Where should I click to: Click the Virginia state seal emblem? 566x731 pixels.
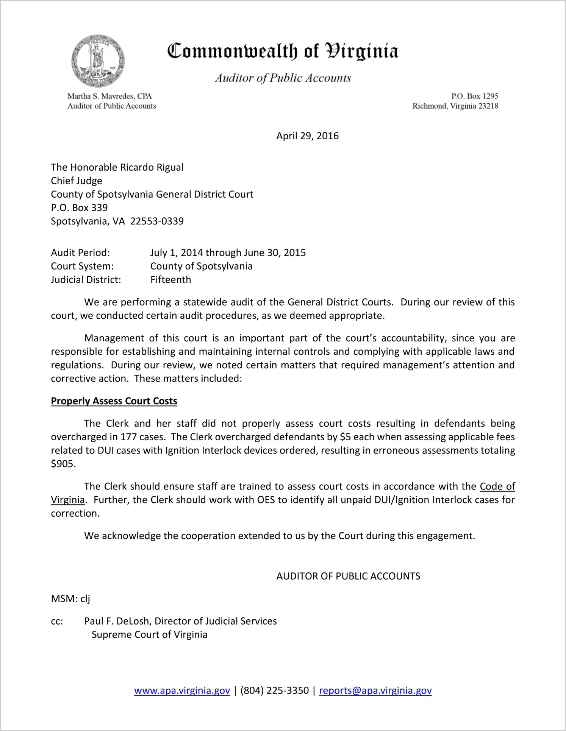point(98,61)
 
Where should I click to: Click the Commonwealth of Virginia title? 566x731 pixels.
point(283,51)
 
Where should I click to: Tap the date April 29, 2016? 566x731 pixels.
point(307,136)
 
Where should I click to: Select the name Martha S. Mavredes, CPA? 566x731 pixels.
point(109,96)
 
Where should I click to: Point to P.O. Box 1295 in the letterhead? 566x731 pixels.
point(474,96)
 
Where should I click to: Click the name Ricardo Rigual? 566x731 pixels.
point(152,167)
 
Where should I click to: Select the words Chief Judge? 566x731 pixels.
point(77,181)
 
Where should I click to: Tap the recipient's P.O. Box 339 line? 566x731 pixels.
point(79,208)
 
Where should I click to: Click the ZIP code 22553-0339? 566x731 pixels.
point(157,221)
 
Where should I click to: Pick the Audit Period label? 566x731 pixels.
point(80,253)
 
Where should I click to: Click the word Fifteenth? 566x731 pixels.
point(170,280)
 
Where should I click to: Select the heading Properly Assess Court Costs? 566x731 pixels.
point(114,401)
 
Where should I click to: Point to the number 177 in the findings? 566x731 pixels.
point(128,437)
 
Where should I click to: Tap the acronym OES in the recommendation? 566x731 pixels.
point(266,500)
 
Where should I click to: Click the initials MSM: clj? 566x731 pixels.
point(70,599)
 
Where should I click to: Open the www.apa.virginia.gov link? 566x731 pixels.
point(182,691)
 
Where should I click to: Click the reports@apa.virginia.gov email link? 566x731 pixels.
point(375,691)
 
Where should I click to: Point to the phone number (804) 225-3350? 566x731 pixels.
point(274,691)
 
